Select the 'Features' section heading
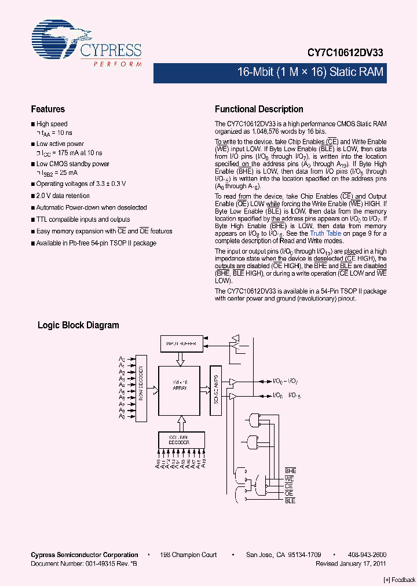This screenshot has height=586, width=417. point(47,109)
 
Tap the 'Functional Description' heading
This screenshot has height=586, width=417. point(259,109)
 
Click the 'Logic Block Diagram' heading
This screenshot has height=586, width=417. point(78,325)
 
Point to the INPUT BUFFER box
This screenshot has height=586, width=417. point(182,343)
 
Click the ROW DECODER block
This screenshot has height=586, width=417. point(140,387)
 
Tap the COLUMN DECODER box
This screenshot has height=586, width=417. point(182,439)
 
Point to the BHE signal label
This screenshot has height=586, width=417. point(290,471)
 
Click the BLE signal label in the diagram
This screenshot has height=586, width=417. point(290,501)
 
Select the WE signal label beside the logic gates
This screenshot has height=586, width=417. point(290,479)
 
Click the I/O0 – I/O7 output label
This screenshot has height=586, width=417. point(286,381)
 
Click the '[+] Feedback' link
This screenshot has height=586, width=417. point(400,580)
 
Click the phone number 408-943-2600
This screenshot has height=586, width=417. point(367,555)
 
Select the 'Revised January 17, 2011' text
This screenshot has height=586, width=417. point(351,563)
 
